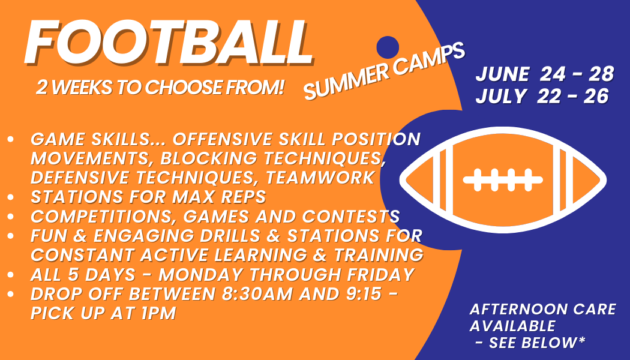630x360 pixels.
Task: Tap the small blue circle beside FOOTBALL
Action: [x=388, y=47]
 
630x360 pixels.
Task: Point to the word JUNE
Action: [x=502, y=75]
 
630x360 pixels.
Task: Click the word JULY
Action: [x=500, y=97]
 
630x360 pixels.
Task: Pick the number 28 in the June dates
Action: [x=601, y=74]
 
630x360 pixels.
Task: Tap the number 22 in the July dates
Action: [x=550, y=97]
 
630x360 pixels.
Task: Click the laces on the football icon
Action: [x=503, y=179]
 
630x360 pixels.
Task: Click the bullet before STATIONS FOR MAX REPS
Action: [x=10, y=197]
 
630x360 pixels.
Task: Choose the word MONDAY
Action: [x=202, y=275]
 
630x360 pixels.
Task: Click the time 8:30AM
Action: [x=257, y=294]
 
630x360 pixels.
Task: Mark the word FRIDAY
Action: [x=381, y=275]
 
